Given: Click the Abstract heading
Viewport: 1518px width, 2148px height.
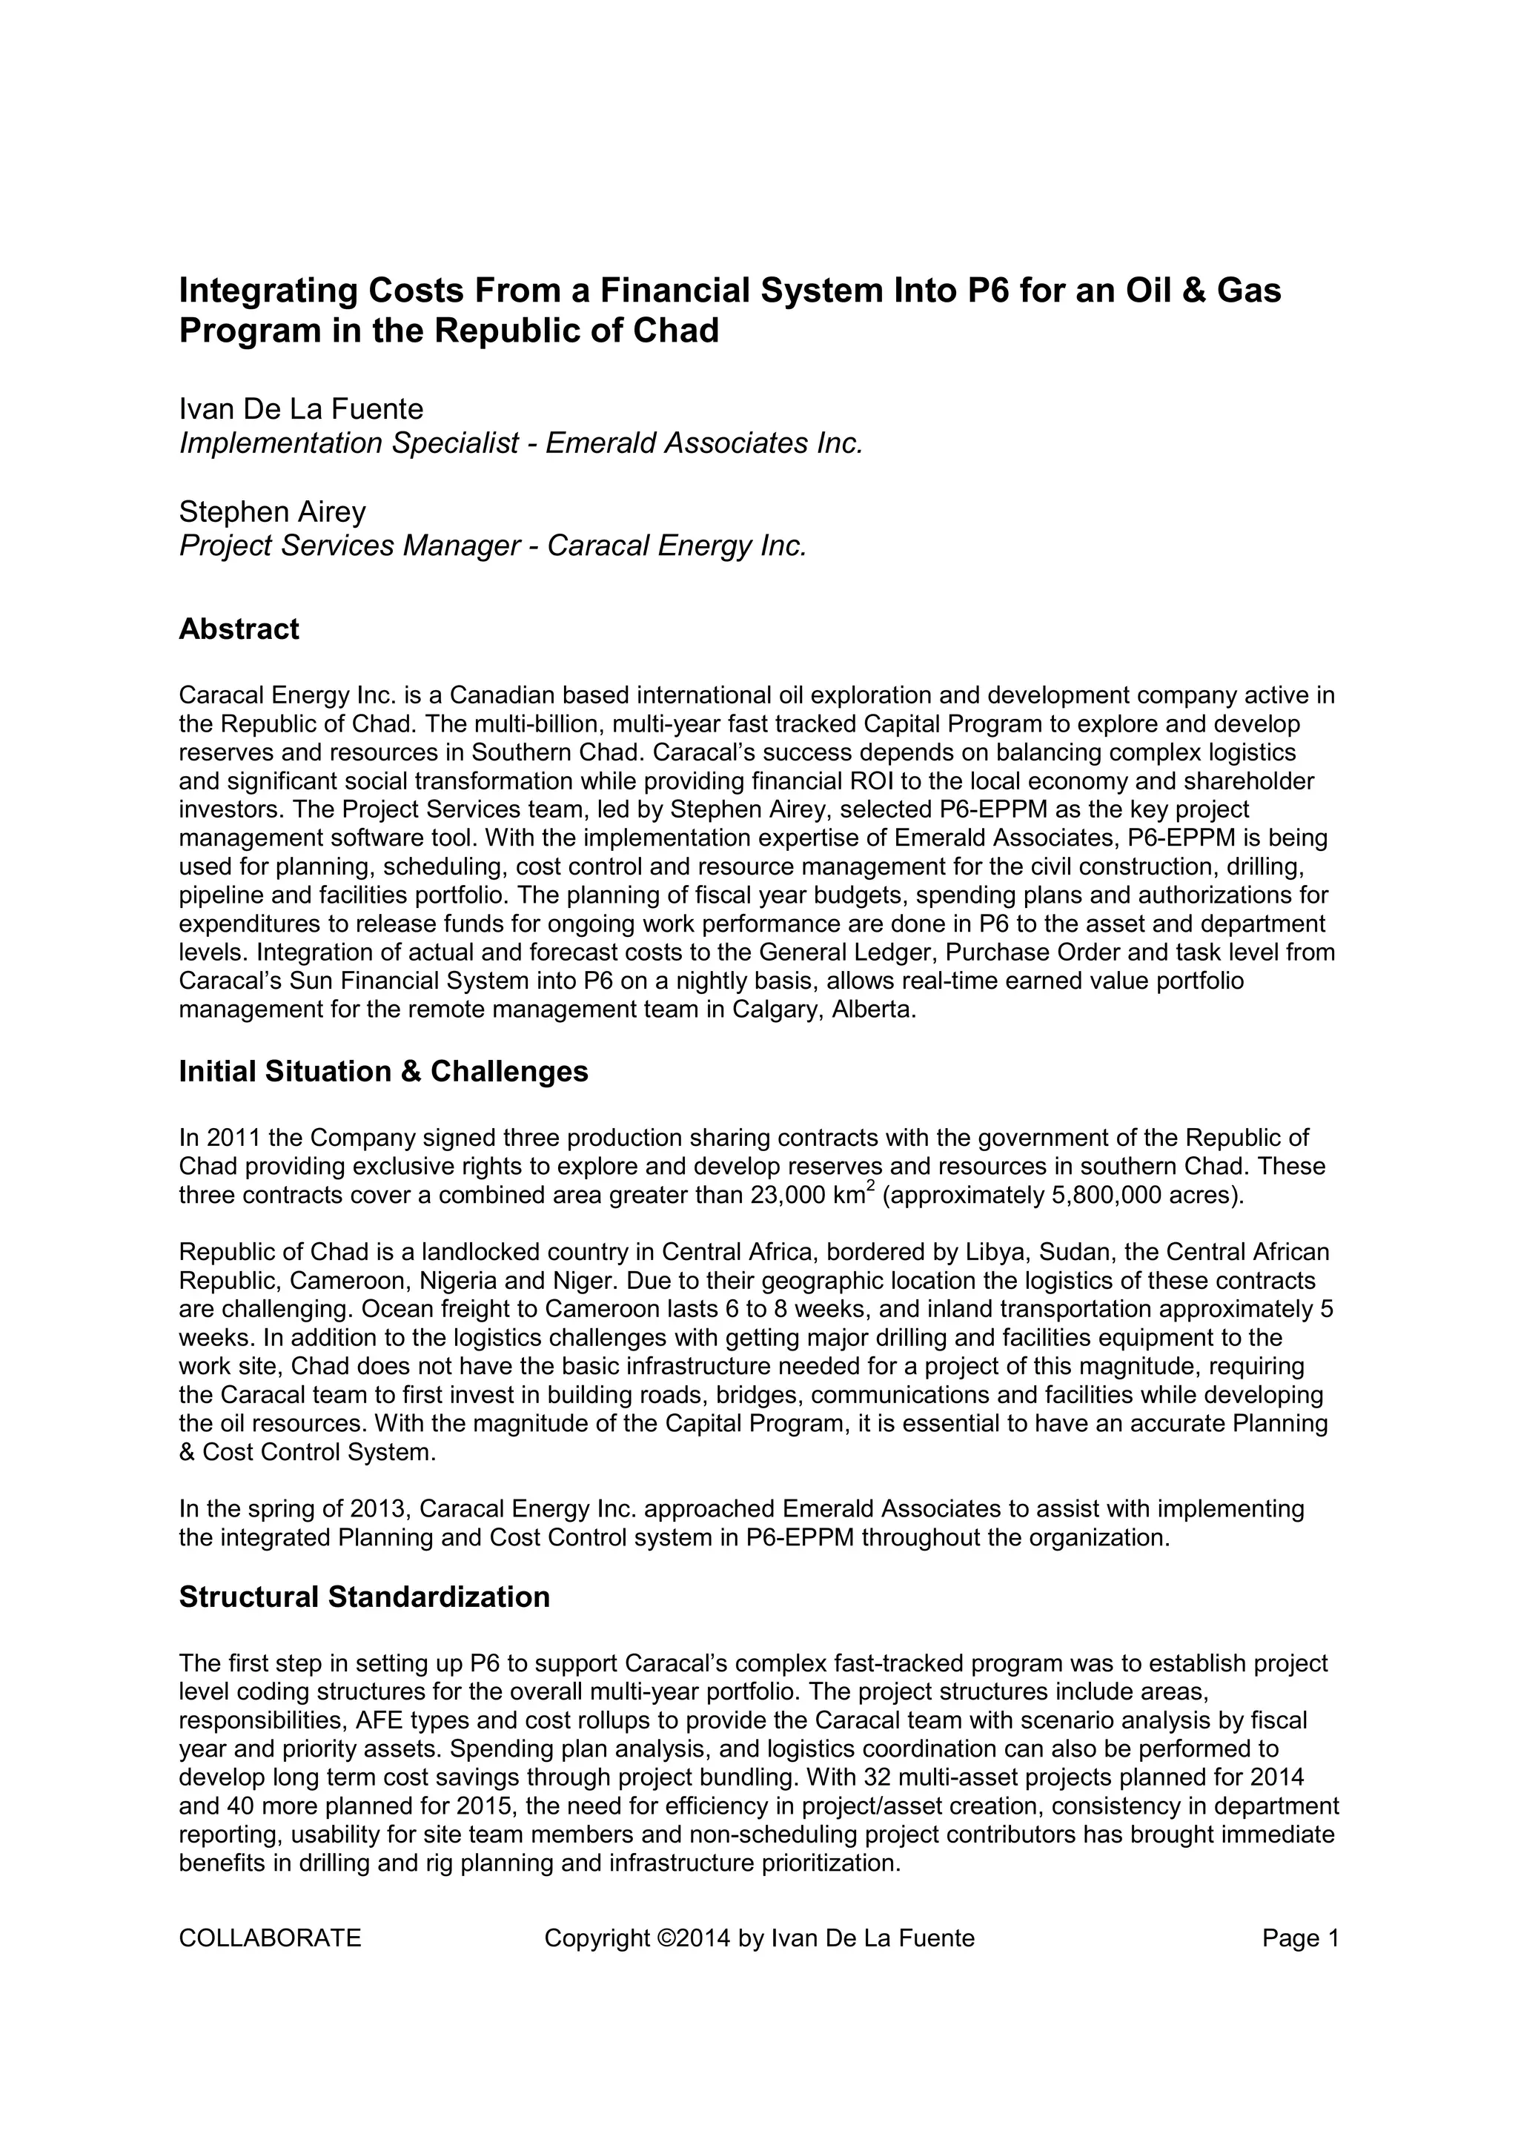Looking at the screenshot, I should pos(239,629).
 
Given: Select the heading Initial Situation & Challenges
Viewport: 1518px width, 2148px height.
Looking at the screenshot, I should pos(383,1071).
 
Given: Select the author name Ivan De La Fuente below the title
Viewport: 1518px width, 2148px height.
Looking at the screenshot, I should pos(301,409).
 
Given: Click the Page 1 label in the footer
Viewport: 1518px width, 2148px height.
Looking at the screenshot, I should pos(1300,1938).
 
